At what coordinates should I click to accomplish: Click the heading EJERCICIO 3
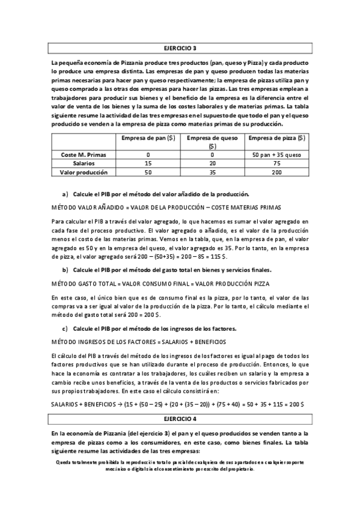coord(180,48)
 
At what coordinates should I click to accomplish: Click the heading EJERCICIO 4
coord(180,417)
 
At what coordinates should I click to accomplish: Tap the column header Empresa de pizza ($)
coord(276,138)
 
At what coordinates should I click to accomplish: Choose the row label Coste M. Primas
coord(84,155)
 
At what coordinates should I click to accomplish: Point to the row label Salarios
coord(84,163)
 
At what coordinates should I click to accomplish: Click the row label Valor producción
coord(84,171)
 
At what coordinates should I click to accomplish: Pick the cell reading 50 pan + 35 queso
coord(276,155)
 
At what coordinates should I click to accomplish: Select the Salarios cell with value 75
coord(276,163)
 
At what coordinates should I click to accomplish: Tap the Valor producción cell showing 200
coord(276,171)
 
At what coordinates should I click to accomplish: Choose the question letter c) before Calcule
coord(66,328)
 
